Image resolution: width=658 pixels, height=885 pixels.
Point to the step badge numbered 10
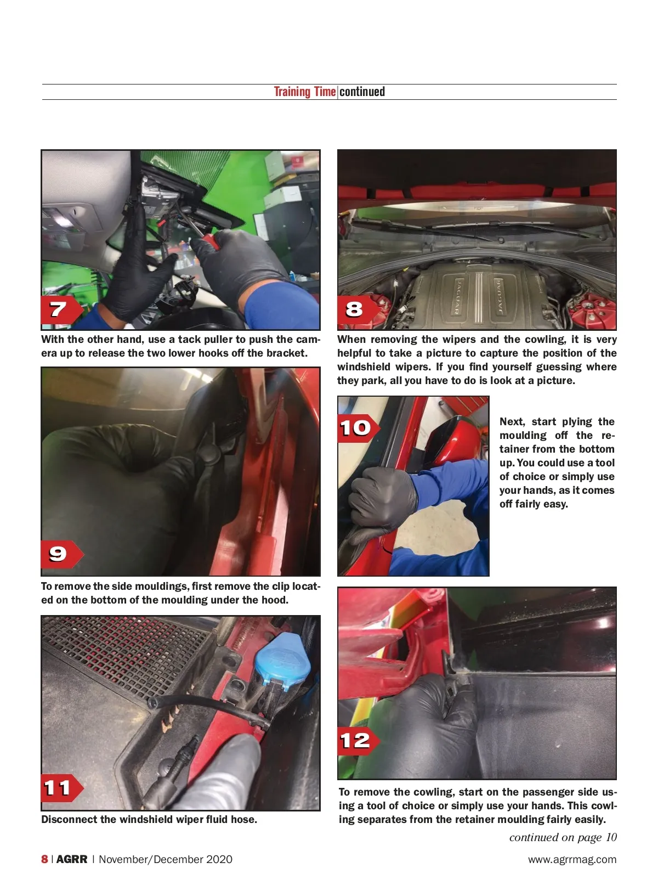pyautogui.click(x=358, y=429)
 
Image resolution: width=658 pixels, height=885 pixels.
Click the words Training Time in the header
pyautogui.click(x=305, y=92)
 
